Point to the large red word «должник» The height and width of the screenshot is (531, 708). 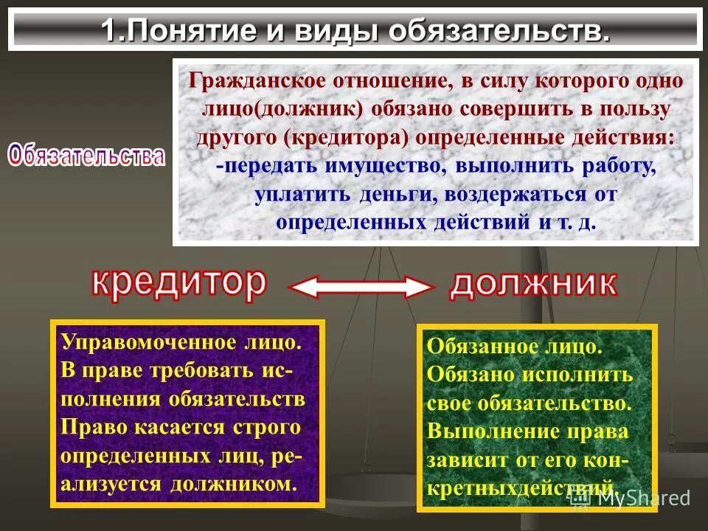(533, 282)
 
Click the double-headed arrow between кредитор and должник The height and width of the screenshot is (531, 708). (358, 286)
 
